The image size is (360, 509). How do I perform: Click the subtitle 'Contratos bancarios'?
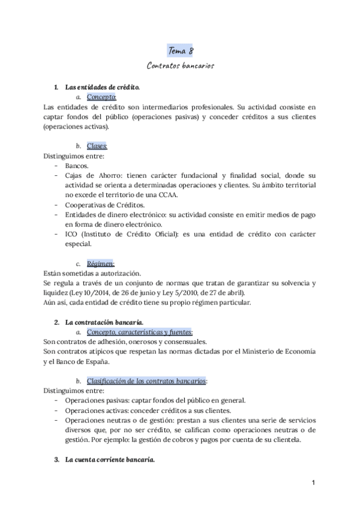(x=180, y=64)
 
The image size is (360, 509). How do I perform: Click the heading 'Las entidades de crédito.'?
(x=103, y=87)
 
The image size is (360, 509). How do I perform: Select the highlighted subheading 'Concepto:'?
(x=101, y=97)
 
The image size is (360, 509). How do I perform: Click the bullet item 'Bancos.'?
(x=76, y=165)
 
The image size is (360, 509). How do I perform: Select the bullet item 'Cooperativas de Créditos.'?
(x=104, y=205)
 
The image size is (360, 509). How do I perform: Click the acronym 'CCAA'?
(x=184, y=194)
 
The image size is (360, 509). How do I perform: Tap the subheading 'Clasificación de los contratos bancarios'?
(x=146, y=381)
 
